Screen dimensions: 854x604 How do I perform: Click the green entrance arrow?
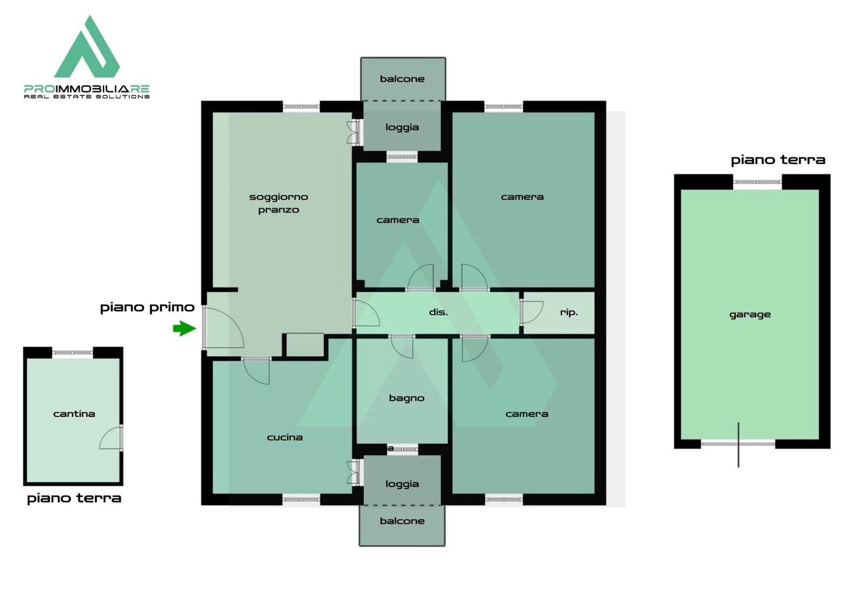click(x=184, y=328)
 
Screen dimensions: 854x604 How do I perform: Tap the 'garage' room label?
click(x=750, y=315)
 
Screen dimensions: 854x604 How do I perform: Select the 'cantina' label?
click(x=74, y=414)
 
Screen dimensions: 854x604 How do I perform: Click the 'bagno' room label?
click(x=406, y=398)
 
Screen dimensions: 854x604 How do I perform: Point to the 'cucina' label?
click(x=285, y=437)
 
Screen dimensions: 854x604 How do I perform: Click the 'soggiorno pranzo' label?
click(x=279, y=203)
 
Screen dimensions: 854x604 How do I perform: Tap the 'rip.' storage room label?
click(x=569, y=312)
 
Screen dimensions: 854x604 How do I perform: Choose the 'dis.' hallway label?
click(x=438, y=312)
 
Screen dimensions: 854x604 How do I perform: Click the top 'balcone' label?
click(x=402, y=79)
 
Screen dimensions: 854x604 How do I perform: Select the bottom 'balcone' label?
click(x=402, y=521)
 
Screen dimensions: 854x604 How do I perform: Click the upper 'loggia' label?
click(x=402, y=128)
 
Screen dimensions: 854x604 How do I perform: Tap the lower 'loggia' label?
click(x=402, y=484)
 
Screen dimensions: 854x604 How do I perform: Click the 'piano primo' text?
click(x=147, y=307)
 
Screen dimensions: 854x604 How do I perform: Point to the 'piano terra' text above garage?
click(x=778, y=160)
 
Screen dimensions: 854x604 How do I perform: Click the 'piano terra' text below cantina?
click(x=74, y=498)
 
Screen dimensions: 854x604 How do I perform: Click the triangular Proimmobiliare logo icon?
click(x=87, y=46)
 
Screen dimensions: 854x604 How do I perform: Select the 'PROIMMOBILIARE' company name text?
click(x=87, y=89)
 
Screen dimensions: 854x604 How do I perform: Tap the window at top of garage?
click(x=757, y=182)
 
